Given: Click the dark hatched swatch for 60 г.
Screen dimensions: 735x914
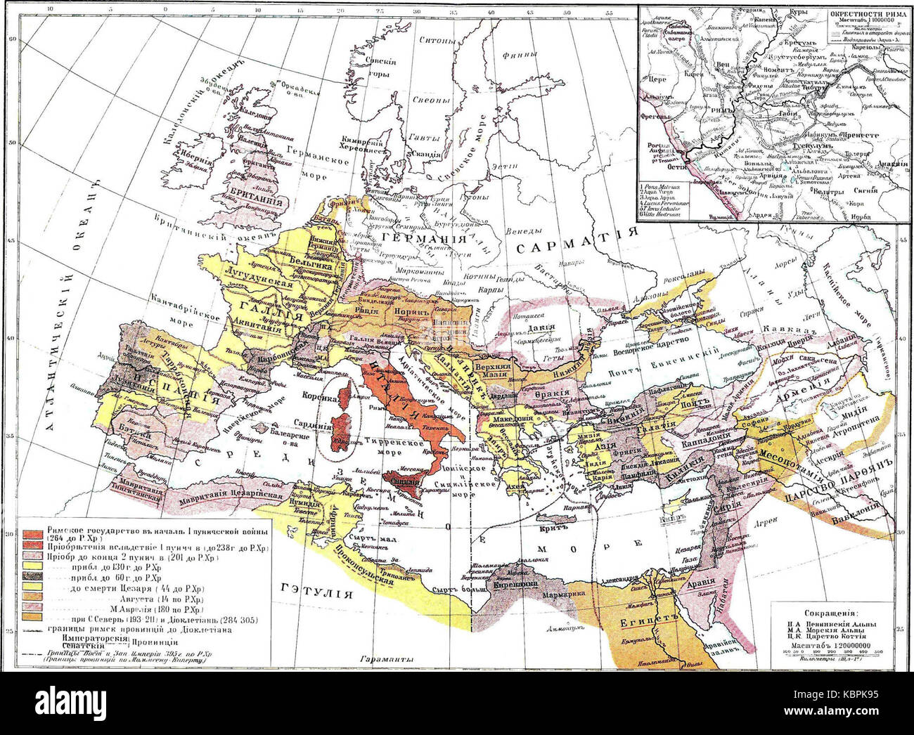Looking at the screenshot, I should pyautogui.click(x=33, y=576).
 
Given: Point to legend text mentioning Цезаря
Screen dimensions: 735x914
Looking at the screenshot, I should pyautogui.click(x=134, y=587).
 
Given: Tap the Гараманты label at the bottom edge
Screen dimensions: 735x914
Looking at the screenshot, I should pyautogui.click(x=380, y=660).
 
